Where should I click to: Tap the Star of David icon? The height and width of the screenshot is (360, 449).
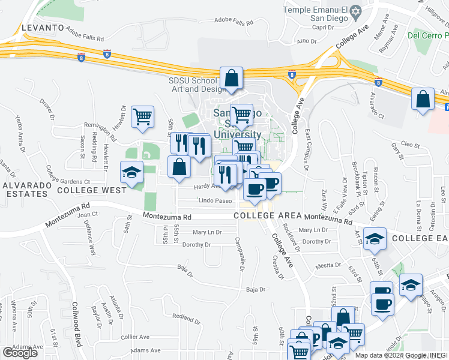pyautogui.click(x=355, y=11)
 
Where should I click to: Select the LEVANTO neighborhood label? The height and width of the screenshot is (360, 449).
pyautogui.click(x=43, y=28)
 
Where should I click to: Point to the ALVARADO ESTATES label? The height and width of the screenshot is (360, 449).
pyautogui.click(x=25, y=190)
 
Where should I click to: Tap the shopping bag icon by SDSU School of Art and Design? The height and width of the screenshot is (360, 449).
pyautogui.click(x=231, y=79)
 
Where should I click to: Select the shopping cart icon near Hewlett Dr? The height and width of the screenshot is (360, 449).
pyautogui.click(x=142, y=116)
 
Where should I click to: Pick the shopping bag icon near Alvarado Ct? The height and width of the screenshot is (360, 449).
pyautogui.click(x=423, y=98)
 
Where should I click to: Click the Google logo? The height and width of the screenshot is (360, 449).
pyautogui.click(x=20, y=353)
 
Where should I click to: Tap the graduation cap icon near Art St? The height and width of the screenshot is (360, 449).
pyautogui.click(x=375, y=240)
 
